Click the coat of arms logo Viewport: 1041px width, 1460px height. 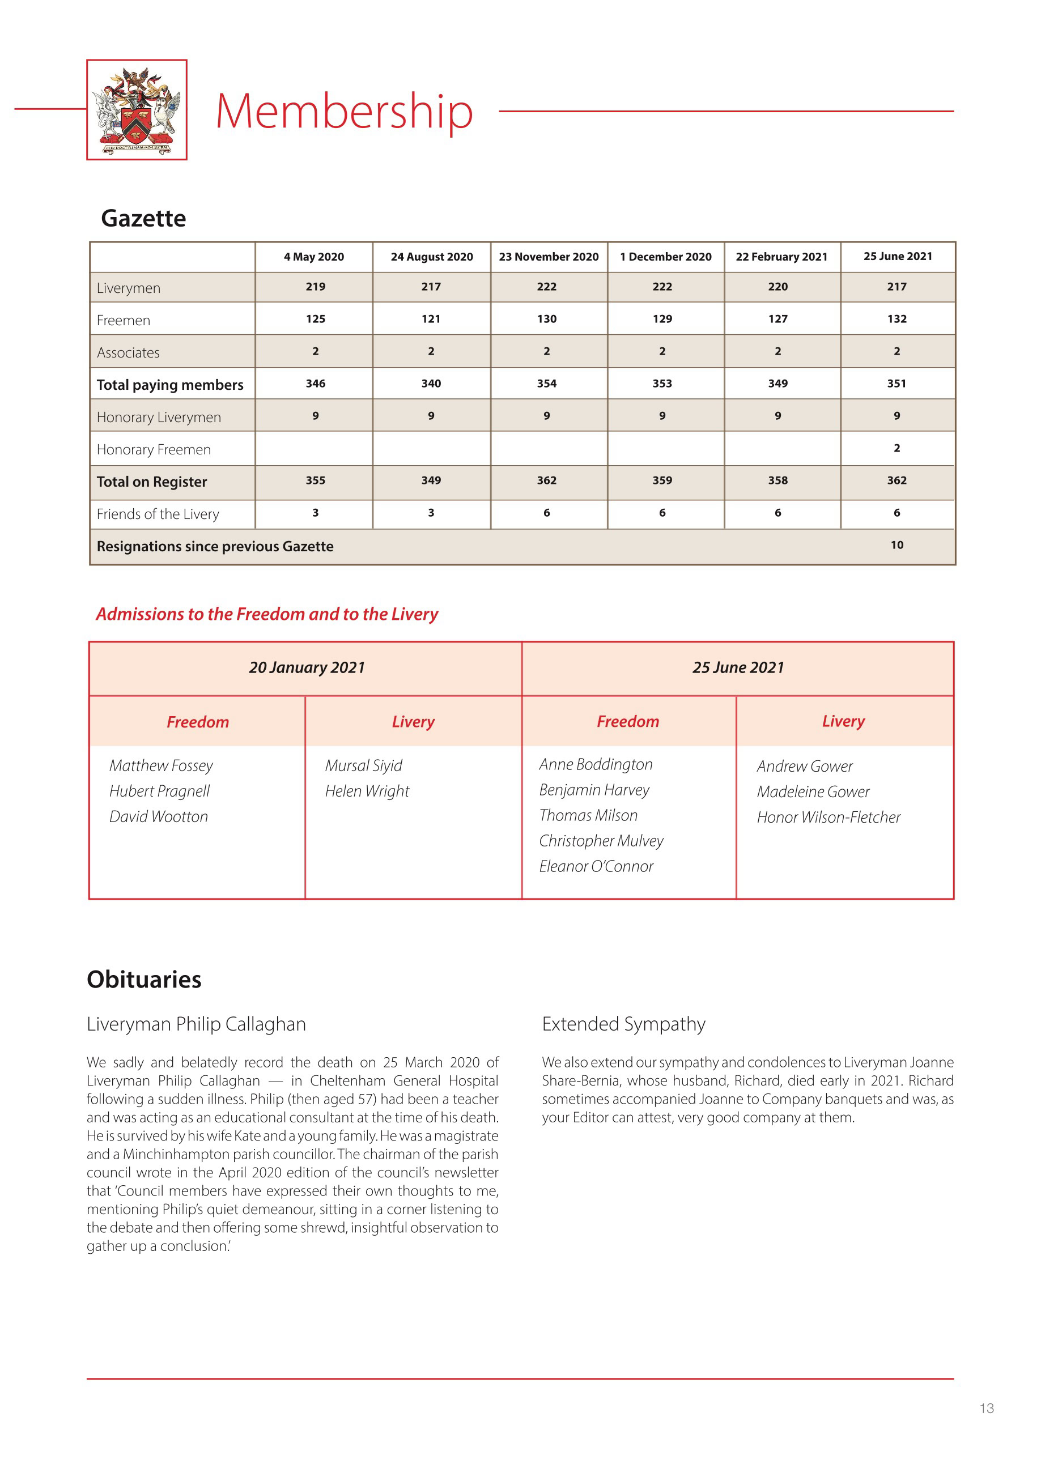[x=137, y=109]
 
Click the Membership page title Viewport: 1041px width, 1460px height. [x=344, y=112]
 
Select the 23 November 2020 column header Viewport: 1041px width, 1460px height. [x=549, y=257]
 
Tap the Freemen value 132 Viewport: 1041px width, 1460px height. [x=896, y=319]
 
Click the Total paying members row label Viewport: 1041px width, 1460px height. [x=170, y=385]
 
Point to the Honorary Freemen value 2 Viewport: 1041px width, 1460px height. [x=896, y=448]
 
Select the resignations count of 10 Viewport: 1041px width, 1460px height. [x=896, y=545]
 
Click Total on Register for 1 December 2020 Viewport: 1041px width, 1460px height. [x=662, y=480]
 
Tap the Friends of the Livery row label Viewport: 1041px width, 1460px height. [x=158, y=514]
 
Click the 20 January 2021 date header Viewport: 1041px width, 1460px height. [x=307, y=668]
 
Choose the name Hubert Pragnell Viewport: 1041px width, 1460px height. [x=160, y=791]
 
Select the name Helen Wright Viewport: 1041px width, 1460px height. [x=367, y=791]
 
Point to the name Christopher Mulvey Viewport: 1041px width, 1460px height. [x=601, y=841]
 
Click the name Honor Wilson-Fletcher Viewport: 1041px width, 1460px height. [x=828, y=817]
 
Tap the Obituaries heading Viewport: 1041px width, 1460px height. [x=145, y=980]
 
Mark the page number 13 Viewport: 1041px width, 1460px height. [x=987, y=1408]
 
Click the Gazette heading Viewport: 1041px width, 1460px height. [x=143, y=219]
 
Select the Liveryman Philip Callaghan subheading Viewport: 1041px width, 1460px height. [x=196, y=1024]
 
